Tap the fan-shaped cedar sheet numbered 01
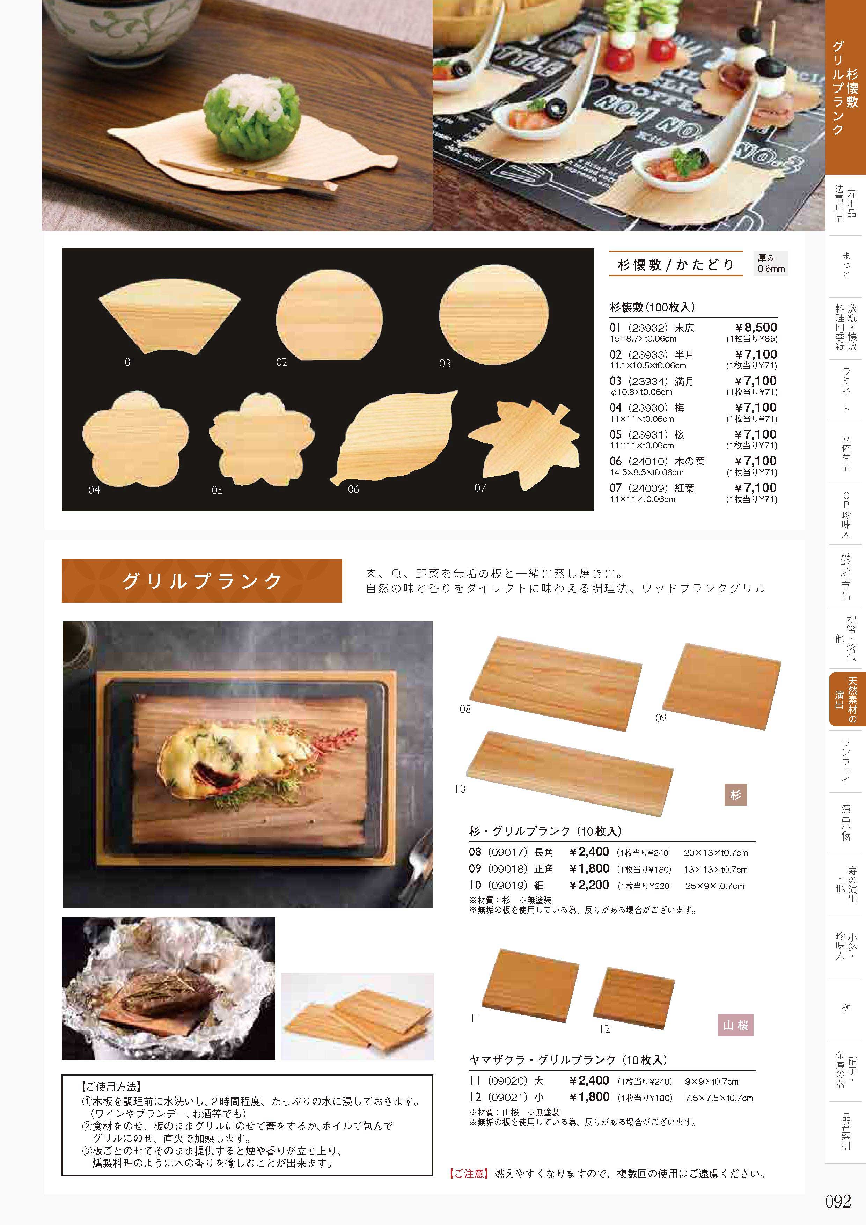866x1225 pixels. pyautogui.click(x=169, y=317)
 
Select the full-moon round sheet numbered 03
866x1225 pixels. pyautogui.click(x=493, y=314)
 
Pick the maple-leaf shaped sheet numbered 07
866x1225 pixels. pyautogui.click(x=524, y=446)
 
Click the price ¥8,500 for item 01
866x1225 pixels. pyautogui.click(x=756, y=328)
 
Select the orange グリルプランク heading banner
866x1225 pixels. pyautogui.click(x=202, y=581)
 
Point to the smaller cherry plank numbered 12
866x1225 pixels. pyautogui.click(x=634, y=998)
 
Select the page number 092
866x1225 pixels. pyautogui.click(x=838, y=1201)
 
